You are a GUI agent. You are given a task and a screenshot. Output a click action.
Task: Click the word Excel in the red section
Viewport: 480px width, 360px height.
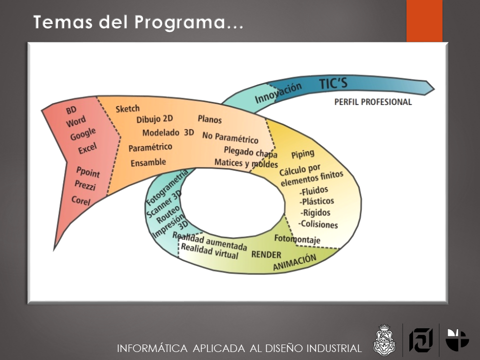pos(87,148)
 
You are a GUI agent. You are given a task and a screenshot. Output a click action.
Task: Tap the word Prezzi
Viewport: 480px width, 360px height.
pos(85,185)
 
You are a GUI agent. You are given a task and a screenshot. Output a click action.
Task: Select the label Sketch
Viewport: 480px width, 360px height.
pos(127,108)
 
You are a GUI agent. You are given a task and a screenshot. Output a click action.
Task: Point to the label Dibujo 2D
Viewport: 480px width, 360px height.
pos(154,119)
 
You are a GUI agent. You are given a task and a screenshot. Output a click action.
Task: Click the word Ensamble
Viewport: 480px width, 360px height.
pos(148,162)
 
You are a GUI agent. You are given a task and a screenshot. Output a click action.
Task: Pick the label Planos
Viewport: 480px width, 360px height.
pos(209,119)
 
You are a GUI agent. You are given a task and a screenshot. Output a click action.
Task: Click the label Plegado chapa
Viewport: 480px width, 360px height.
pos(250,152)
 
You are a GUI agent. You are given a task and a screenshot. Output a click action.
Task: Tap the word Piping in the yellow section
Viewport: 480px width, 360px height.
pos(303,154)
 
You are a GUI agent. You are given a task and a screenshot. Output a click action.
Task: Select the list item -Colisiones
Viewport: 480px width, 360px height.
pos(318,224)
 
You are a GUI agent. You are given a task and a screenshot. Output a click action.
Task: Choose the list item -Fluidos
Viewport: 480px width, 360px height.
pos(314,191)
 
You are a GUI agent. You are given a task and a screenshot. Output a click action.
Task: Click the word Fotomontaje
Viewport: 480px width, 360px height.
pos(297,239)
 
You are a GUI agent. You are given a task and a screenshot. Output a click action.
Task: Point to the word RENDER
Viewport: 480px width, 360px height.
pos(266,254)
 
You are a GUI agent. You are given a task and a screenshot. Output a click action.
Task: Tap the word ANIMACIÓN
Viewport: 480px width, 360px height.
pos(294,262)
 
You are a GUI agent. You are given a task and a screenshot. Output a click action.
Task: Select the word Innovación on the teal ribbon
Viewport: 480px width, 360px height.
pos(278,93)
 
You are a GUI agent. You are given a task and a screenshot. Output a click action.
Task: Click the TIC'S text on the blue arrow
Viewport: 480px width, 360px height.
pos(333,83)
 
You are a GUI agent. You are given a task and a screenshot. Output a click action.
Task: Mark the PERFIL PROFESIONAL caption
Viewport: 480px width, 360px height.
pos(373,102)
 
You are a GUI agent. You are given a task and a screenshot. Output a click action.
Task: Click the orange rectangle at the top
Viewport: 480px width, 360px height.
pos(424,21)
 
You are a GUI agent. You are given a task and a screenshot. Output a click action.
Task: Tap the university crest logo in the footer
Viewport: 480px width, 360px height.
pos(385,340)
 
